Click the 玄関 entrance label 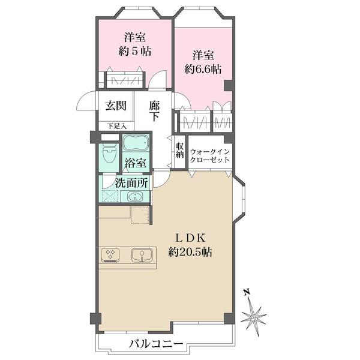(x=116, y=106)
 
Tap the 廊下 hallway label (x=154, y=111)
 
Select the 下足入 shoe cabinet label (x=116, y=126)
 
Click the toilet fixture (x=109, y=153)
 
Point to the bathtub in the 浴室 (x=136, y=143)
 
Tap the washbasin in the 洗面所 (x=135, y=197)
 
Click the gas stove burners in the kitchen (x=110, y=254)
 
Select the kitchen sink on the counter (x=142, y=255)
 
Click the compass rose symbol (x=254, y=318)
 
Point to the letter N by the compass (x=247, y=292)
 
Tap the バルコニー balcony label (x=156, y=344)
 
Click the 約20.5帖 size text (x=190, y=253)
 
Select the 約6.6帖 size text (x=203, y=69)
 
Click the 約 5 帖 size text (x=135, y=51)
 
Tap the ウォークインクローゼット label (x=210, y=155)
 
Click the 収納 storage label (x=180, y=150)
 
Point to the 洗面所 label (x=131, y=183)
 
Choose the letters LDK (x=190, y=238)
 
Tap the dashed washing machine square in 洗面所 (x=110, y=196)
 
